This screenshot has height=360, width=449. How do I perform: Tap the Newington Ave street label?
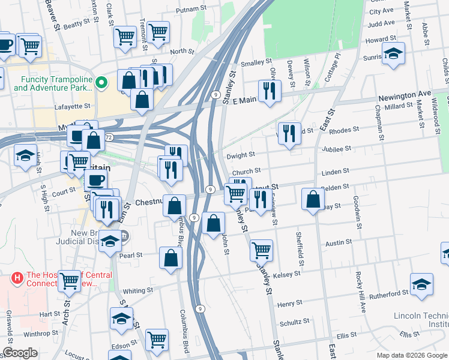pyautogui.click(x=405, y=95)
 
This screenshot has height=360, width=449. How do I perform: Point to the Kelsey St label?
pyautogui.click(x=286, y=274)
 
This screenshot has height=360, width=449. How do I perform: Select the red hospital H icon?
pyautogui.click(x=17, y=278)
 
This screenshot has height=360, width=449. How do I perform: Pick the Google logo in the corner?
pyautogui.click(x=20, y=353)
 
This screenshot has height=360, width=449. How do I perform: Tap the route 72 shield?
pyautogui.click(x=108, y=137)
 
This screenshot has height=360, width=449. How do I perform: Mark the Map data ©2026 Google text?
pyautogui.click(x=411, y=355)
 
